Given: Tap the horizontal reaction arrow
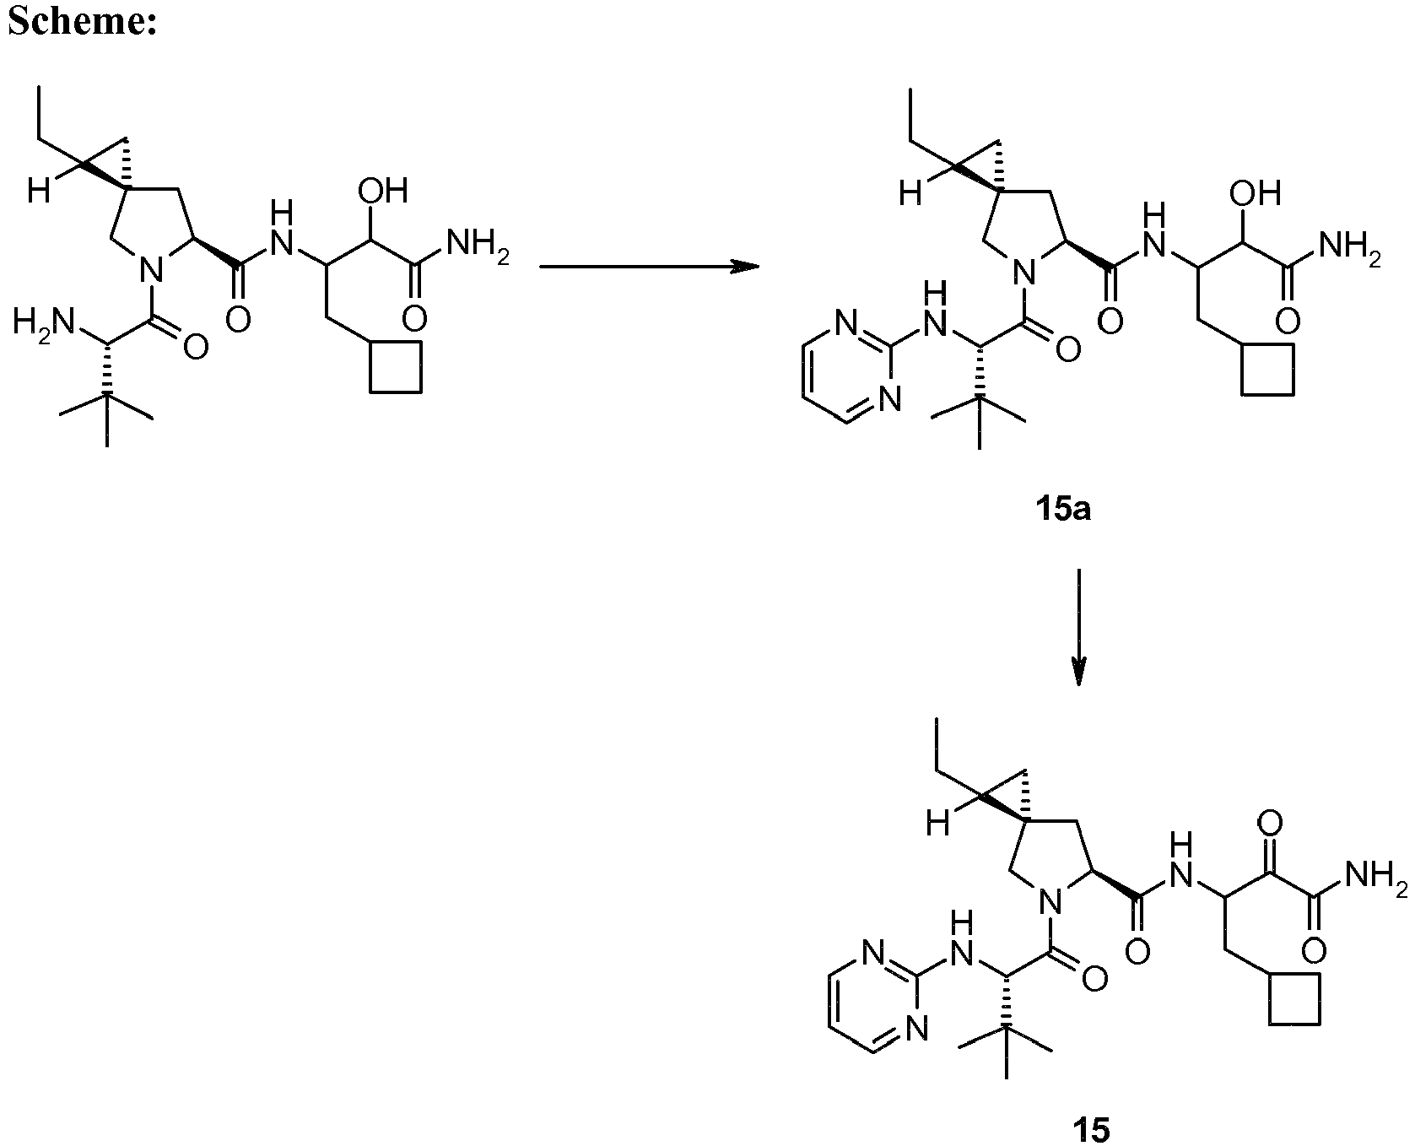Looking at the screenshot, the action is tap(649, 267).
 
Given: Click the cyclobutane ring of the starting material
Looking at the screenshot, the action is tap(396, 367).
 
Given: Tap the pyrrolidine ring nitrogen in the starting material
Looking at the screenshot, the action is tap(149, 271).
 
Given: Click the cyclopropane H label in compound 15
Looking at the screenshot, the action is tap(937, 824).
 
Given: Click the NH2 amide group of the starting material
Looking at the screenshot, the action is tap(477, 244).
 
